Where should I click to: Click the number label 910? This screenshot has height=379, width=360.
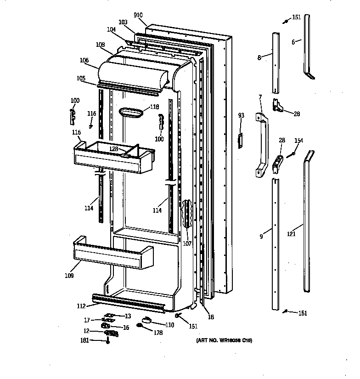(138, 15)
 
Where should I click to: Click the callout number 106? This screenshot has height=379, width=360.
(84, 60)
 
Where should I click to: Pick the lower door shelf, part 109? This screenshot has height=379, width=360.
(112, 255)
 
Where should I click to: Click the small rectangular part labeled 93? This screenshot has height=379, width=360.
(239, 141)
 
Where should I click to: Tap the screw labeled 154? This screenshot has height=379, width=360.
(290, 155)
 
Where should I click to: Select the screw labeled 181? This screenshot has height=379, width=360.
(108, 340)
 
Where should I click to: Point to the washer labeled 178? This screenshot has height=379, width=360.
(139, 326)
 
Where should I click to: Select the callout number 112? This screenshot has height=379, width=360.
(81, 305)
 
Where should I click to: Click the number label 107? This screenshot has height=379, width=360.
(187, 244)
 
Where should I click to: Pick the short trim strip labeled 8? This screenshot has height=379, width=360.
(276, 62)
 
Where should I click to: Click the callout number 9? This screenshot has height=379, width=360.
(261, 237)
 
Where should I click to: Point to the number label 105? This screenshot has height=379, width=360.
(81, 78)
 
